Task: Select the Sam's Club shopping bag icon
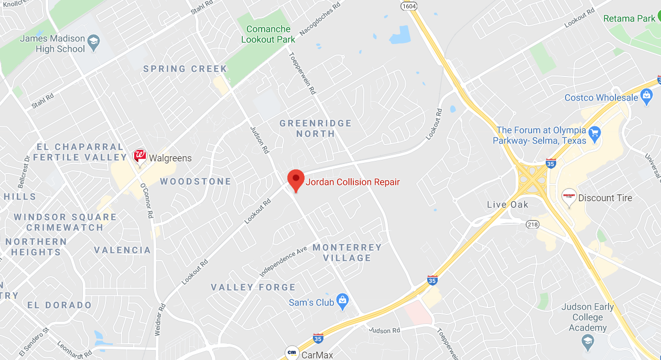click(343, 301)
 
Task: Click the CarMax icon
click(292, 353)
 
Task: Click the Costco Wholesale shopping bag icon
click(646, 96)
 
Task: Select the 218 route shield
click(533, 224)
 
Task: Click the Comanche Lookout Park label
click(268, 34)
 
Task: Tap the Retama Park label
click(629, 18)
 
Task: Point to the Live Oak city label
click(507, 204)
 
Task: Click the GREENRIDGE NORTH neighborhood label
click(315, 128)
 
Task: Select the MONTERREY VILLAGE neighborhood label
click(347, 252)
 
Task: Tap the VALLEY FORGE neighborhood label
click(253, 287)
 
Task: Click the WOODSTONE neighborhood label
click(195, 181)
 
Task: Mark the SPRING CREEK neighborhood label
click(185, 69)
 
